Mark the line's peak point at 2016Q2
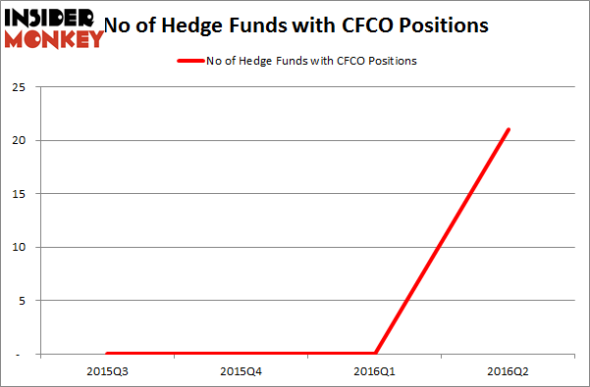(509, 129)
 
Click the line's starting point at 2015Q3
(106, 353)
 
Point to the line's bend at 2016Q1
(375, 353)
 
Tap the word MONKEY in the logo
(55, 39)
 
